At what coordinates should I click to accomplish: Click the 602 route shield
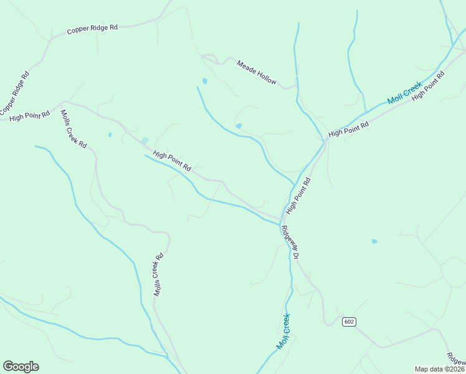click(349, 322)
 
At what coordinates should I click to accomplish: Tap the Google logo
click(21, 367)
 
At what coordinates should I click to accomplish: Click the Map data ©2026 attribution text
click(440, 369)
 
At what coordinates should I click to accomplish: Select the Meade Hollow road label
click(256, 72)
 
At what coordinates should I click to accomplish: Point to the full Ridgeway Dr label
click(290, 242)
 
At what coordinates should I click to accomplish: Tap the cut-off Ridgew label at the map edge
click(456, 358)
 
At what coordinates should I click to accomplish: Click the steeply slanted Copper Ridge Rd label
click(15, 93)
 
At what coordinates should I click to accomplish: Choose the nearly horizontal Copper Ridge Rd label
click(93, 29)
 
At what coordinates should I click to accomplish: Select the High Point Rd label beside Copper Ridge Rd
click(29, 116)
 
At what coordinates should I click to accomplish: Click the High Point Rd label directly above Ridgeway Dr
click(298, 196)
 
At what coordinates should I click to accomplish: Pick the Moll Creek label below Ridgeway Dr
click(283, 330)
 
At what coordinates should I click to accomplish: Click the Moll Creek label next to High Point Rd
click(404, 92)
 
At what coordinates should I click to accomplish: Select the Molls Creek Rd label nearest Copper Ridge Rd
click(74, 128)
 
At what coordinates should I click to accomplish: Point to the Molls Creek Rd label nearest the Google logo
click(158, 274)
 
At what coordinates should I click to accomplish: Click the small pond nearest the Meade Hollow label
click(204, 81)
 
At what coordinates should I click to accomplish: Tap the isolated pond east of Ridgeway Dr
click(374, 241)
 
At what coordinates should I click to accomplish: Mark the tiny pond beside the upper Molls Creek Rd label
click(110, 135)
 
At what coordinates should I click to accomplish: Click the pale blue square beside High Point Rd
click(145, 141)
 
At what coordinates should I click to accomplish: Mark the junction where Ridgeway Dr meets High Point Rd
click(280, 220)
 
